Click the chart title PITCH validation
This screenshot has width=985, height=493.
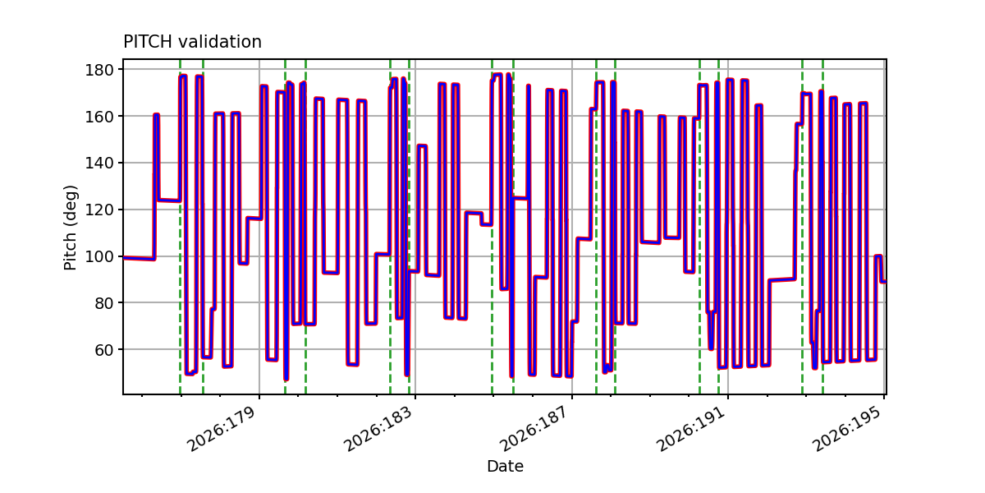point(192,42)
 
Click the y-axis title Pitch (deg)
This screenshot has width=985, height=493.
point(71,228)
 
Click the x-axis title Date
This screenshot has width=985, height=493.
point(505,466)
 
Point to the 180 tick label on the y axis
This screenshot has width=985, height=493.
point(99,70)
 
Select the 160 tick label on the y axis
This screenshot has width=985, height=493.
point(99,116)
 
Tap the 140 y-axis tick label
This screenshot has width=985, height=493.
point(99,163)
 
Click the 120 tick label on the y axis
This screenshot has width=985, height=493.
point(99,210)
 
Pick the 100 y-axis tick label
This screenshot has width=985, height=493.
point(99,256)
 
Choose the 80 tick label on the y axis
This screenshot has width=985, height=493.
point(103,303)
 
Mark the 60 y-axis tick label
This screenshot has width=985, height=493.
point(103,349)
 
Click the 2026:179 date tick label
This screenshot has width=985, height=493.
point(222,429)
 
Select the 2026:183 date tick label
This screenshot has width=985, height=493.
point(378,429)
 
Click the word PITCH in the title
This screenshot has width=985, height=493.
point(148,42)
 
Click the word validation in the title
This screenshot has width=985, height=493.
point(220,42)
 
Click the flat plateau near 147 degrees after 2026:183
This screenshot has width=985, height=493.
point(422,145)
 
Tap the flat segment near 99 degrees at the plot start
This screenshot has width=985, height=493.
point(139,258)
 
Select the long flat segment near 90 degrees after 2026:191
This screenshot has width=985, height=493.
point(781,279)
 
